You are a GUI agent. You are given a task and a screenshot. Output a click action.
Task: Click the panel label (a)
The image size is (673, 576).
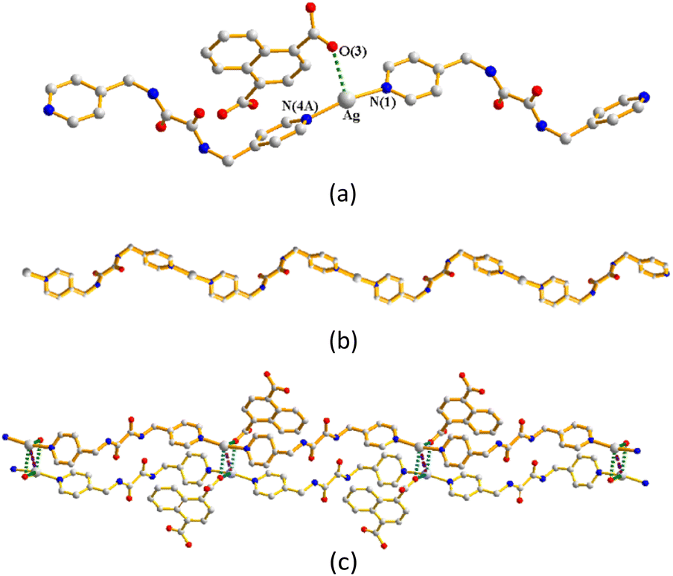coord(342,194)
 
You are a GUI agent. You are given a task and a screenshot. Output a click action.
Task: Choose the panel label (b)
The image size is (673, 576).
coord(342,341)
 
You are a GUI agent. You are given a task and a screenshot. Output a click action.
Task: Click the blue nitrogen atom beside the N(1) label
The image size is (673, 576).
coord(387,88)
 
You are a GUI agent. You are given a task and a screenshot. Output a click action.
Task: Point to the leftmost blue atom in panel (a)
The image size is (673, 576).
coord(49,110)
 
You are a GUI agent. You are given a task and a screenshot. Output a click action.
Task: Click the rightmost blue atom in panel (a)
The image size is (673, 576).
coord(644,97)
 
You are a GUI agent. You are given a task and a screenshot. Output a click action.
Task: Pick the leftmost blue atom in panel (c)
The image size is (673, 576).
coord(6,435)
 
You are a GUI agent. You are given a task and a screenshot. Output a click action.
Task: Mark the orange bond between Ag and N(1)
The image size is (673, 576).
coord(366,94)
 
